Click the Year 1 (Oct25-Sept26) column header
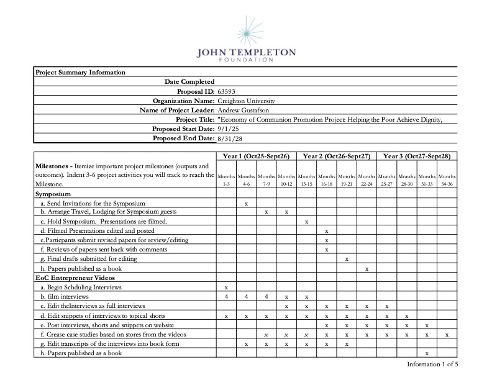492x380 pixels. [256, 156]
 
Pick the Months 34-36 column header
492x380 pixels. [447, 180]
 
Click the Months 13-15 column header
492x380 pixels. [306, 180]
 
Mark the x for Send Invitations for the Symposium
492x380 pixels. [247, 203]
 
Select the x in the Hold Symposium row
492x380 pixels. [306, 222]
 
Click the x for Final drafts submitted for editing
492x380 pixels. [346, 259]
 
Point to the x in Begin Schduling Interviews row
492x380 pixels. [226, 287]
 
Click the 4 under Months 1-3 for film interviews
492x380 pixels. [226, 296]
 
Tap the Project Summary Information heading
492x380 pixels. [80, 72]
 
